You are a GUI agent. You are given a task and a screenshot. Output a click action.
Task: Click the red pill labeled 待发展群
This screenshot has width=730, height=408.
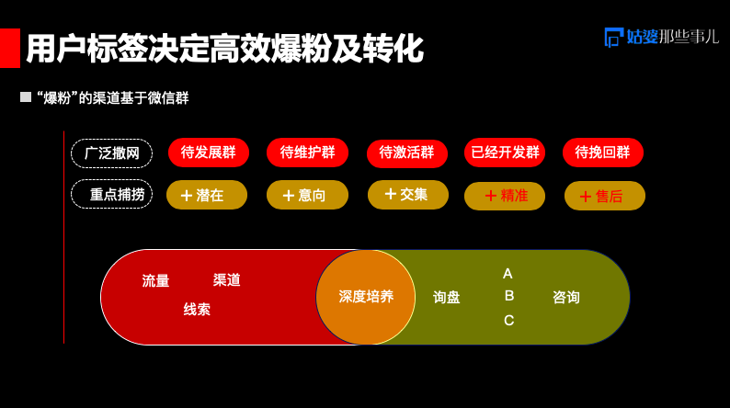point(209,153)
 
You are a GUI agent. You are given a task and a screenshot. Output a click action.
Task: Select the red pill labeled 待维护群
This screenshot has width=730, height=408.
point(307,153)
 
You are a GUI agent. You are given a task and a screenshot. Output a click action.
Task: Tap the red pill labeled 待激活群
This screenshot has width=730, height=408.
point(407,153)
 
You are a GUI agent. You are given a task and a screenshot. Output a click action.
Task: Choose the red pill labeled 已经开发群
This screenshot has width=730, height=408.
point(505,153)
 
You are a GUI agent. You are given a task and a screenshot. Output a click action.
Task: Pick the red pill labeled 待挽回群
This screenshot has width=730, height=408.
point(603,153)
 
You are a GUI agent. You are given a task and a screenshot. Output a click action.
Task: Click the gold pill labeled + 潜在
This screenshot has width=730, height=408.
point(207,195)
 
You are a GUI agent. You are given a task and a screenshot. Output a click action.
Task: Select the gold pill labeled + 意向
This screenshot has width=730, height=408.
point(307,195)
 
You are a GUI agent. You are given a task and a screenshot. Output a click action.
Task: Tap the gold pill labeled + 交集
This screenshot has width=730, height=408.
point(408,195)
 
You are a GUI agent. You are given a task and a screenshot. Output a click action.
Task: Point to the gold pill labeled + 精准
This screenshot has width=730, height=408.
point(505,196)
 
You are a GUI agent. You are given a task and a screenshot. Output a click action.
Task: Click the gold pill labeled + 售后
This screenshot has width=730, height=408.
point(605,196)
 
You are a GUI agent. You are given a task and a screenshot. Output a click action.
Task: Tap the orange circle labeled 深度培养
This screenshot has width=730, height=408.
point(366,298)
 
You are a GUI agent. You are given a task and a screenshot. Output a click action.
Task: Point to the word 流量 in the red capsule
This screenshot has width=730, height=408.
point(155,281)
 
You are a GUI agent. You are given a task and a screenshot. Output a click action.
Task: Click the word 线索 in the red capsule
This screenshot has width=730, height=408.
point(197,310)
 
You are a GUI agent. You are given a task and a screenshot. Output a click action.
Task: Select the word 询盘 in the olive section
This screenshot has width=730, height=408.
point(447,298)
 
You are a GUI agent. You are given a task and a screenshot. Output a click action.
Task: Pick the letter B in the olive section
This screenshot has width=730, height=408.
point(509,295)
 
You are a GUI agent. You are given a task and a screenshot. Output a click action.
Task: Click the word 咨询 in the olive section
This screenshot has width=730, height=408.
point(566,298)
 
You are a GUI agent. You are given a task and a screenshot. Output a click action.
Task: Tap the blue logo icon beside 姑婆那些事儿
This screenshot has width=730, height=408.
point(613,38)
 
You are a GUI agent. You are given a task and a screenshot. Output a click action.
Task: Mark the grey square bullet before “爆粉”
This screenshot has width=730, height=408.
point(26,97)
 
